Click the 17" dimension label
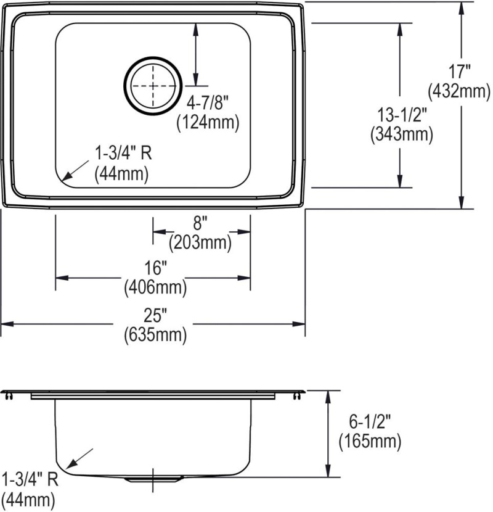(x=459, y=72)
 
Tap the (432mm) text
(x=459, y=91)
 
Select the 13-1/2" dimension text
(x=402, y=115)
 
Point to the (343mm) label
(x=402, y=134)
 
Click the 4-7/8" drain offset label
(x=206, y=104)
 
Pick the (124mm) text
(x=208, y=123)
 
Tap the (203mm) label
(x=200, y=242)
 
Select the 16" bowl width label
(x=155, y=268)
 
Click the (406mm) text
(x=155, y=287)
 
